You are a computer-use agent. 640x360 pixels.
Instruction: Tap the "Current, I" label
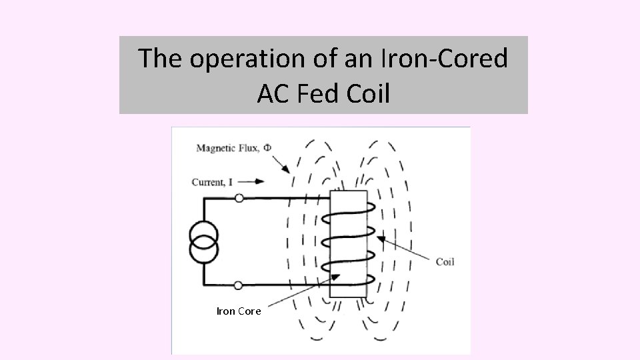tap(216, 181)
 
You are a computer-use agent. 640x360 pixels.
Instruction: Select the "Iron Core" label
tap(239, 311)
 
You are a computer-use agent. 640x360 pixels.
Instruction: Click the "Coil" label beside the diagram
tap(445, 262)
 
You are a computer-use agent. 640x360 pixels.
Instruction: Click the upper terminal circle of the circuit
tap(238, 198)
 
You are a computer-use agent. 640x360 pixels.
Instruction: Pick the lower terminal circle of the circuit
tap(238, 285)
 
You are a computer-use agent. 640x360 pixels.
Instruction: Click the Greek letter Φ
tap(267, 147)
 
